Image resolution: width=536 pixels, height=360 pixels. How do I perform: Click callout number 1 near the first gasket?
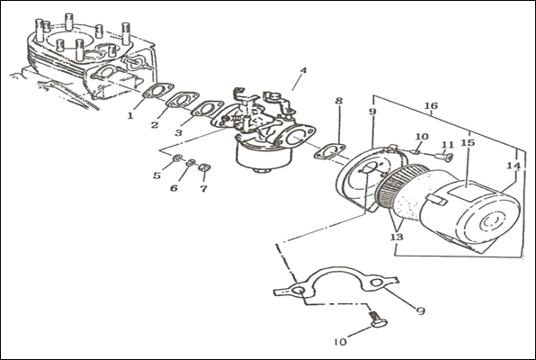click(x=130, y=116)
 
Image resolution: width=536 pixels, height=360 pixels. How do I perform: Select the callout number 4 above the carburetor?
click(x=303, y=70)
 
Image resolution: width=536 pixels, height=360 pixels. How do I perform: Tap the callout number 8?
click(x=339, y=101)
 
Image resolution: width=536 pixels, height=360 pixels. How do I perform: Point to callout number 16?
click(x=431, y=105)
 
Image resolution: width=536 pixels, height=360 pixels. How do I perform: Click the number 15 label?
click(x=468, y=142)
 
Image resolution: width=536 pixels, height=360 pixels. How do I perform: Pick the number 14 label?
click(x=514, y=166)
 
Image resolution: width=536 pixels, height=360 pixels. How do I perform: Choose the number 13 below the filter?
click(x=397, y=237)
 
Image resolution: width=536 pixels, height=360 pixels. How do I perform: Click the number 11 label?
click(x=448, y=145)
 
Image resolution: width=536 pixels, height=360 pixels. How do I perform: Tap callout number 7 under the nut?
click(x=204, y=188)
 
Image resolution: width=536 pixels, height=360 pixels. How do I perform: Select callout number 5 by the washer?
click(x=156, y=175)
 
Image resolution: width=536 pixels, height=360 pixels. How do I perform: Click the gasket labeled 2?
click(x=183, y=100)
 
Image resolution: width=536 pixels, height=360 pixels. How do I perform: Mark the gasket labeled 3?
click(x=207, y=109)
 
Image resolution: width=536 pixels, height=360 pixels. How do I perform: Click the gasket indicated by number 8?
click(x=329, y=151)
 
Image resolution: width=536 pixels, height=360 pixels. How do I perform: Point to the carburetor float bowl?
click(x=264, y=156)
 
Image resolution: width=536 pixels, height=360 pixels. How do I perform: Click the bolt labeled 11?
click(x=444, y=157)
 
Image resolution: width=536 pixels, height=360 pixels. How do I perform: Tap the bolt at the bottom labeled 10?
click(x=378, y=319)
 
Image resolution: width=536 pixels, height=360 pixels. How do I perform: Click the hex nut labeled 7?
click(x=204, y=167)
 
